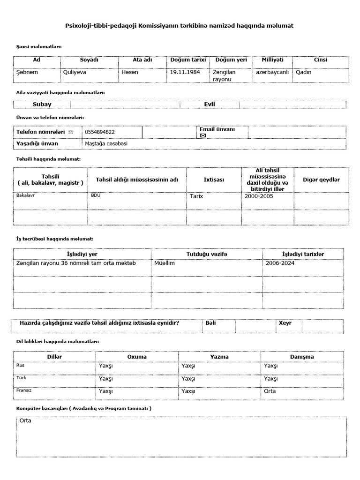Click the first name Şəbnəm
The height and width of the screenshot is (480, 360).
click(x=27, y=72)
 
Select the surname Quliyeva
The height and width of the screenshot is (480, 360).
click(x=75, y=72)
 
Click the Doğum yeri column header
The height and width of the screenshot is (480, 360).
click(x=231, y=60)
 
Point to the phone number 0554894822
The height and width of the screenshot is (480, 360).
click(x=100, y=132)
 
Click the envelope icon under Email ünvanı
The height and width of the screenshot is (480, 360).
click(x=203, y=135)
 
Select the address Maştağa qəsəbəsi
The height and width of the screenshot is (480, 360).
click(x=106, y=143)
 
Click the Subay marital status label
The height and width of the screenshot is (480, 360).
click(x=42, y=105)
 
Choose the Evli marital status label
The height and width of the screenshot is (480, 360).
click(x=210, y=105)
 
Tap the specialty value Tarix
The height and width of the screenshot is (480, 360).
click(x=196, y=196)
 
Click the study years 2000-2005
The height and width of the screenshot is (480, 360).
click(x=259, y=196)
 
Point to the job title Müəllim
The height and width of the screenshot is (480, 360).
click(x=164, y=263)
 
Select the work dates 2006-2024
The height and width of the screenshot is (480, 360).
click(x=280, y=263)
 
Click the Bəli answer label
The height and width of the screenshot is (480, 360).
click(x=211, y=323)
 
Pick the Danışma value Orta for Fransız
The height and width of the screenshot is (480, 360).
click(x=270, y=391)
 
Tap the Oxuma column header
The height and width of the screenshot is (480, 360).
click(x=137, y=357)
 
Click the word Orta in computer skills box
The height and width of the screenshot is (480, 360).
click(x=25, y=420)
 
